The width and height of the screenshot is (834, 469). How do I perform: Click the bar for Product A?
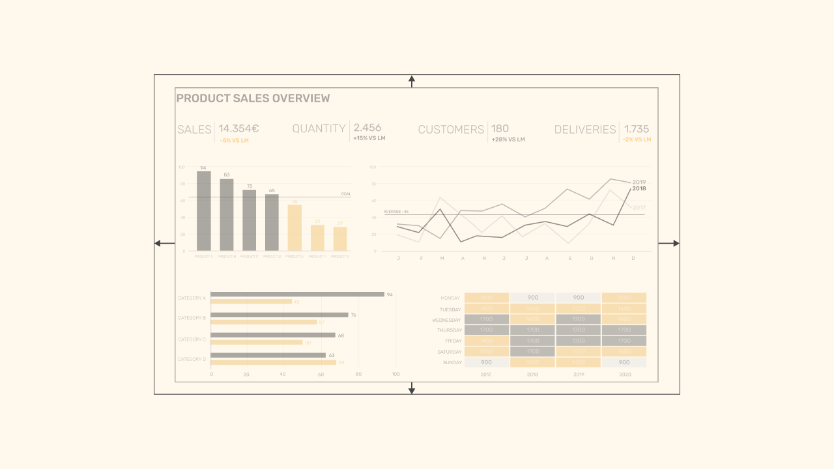coord(204,211)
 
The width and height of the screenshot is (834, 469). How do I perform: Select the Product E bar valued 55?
coord(295,228)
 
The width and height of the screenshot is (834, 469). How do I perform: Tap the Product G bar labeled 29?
coord(340,239)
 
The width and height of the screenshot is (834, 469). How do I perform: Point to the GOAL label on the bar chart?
coord(346,194)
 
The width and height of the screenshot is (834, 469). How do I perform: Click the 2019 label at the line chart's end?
coord(639,182)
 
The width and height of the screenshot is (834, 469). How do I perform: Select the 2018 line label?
coord(639,189)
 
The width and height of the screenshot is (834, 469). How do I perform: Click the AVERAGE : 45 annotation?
coord(395,212)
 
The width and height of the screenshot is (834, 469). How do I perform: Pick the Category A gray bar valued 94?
coord(297,294)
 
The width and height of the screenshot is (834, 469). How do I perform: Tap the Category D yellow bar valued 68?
coord(274,362)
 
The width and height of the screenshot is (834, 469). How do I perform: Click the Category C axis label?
coord(192,339)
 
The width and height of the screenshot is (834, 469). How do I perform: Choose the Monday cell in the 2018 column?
coord(532,298)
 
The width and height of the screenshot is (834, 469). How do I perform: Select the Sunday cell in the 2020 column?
coord(624,362)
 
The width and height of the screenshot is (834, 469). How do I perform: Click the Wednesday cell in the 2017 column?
coord(486,320)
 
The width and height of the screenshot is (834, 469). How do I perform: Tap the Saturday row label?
coord(449,352)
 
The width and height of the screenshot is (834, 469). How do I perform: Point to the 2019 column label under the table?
coord(578,375)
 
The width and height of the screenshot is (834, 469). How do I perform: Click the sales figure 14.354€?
coord(238,128)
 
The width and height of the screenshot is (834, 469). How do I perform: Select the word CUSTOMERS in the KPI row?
coord(451,130)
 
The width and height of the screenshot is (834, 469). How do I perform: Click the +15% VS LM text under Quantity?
coord(369,138)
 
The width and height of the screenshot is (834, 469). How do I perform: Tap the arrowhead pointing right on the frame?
coord(676,244)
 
